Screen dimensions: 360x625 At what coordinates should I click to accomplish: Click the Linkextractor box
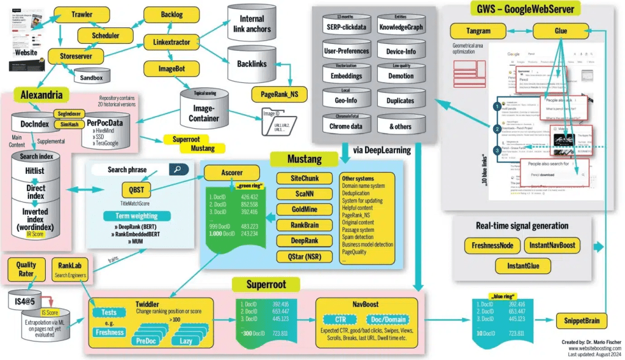[x=167, y=42]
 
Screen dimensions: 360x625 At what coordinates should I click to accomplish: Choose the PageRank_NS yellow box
[x=280, y=94]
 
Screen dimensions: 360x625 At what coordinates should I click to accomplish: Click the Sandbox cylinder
[x=92, y=77]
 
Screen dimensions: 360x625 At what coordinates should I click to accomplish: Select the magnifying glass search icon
[x=179, y=169]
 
